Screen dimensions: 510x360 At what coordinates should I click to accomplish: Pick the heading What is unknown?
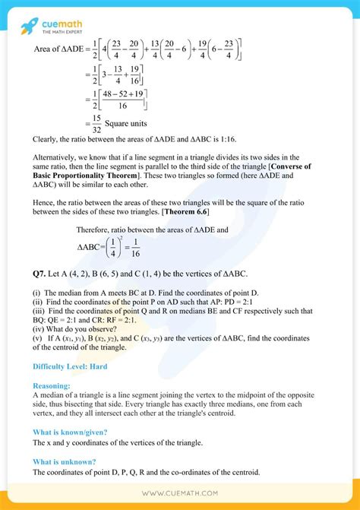[x=65, y=461]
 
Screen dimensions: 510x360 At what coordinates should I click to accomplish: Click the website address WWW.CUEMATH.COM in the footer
[x=180, y=496]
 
